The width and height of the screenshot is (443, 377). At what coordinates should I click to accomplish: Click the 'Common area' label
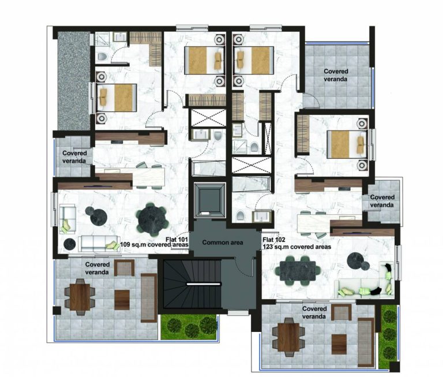click(221, 244)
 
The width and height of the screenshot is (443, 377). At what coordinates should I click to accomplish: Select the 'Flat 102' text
click(274, 239)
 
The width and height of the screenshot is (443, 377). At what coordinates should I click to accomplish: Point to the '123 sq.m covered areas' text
click(296, 247)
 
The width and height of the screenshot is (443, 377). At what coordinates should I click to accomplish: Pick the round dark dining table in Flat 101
click(151, 218)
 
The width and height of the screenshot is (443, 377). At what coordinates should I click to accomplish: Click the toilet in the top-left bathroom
click(102, 56)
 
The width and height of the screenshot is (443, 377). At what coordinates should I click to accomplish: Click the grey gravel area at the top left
click(73, 81)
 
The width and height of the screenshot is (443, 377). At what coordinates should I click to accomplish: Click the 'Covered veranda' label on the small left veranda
click(74, 157)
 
